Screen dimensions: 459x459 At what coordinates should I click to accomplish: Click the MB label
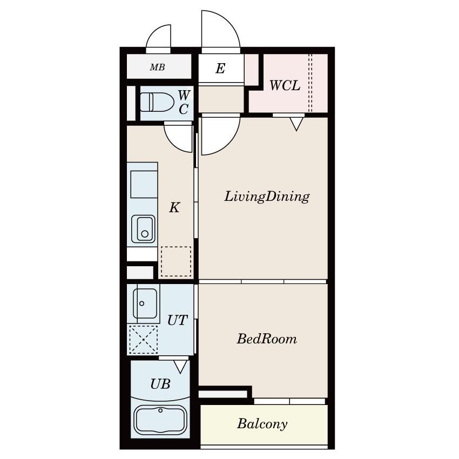[x=158, y=67]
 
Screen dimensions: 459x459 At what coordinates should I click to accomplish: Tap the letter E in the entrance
[x=220, y=68]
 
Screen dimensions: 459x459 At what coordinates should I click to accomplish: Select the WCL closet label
[x=285, y=85]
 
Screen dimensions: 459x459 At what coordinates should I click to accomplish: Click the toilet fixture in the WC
[x=157, y=102]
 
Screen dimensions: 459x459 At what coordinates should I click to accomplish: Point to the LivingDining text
[x=267, y=197]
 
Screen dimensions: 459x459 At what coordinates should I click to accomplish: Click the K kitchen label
[x=174, y=207]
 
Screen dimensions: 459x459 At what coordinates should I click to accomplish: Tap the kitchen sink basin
[x=143, y=229]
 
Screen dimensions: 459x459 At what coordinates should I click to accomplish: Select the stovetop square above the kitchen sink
[x=144, y=185]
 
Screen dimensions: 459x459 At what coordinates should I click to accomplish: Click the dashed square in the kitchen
[x=176, y=261]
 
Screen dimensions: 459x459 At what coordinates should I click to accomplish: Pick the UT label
[x=178, y=320]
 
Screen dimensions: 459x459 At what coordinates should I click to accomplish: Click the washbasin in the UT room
[x=145, y=303]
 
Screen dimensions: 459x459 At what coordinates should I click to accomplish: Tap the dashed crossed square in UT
[x=144, y=340]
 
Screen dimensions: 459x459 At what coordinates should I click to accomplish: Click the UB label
[x=160, y=384]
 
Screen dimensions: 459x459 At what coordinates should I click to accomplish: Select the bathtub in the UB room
[x=160, y=420]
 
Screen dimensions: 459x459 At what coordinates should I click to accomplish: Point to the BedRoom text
[x=267, y=339]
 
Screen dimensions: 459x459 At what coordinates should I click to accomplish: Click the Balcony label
[x=262, y=423]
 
